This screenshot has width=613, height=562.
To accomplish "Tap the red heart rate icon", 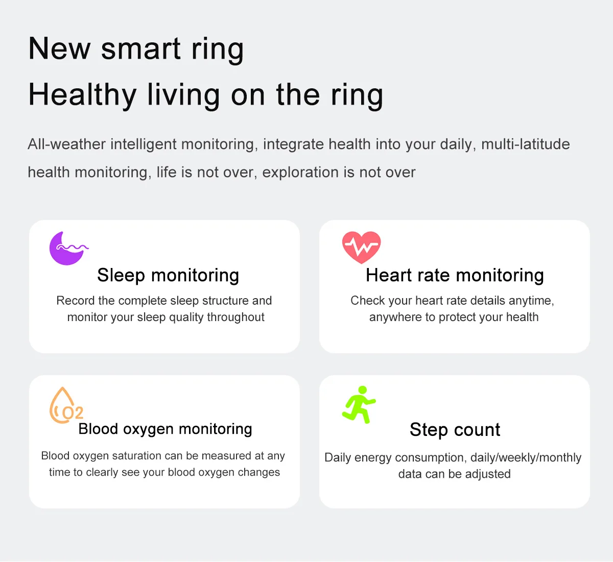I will [x=361, y=247].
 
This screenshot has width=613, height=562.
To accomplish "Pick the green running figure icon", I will [x=359, y=404].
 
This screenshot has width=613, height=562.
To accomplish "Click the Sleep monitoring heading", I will [x=168, y=275].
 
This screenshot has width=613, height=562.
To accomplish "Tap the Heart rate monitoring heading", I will [x=455, y=275].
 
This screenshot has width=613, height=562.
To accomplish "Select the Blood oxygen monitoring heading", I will [x=165, y=429].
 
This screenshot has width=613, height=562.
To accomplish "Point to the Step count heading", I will [x=455, y=430].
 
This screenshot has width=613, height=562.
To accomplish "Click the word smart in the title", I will [x=141, y=49].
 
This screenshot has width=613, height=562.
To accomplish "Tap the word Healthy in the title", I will [x=82, y=95].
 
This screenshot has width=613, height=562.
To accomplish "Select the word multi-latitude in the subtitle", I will [x=525, y=144].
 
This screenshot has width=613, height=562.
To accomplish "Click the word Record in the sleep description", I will [x=75, y=301].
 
